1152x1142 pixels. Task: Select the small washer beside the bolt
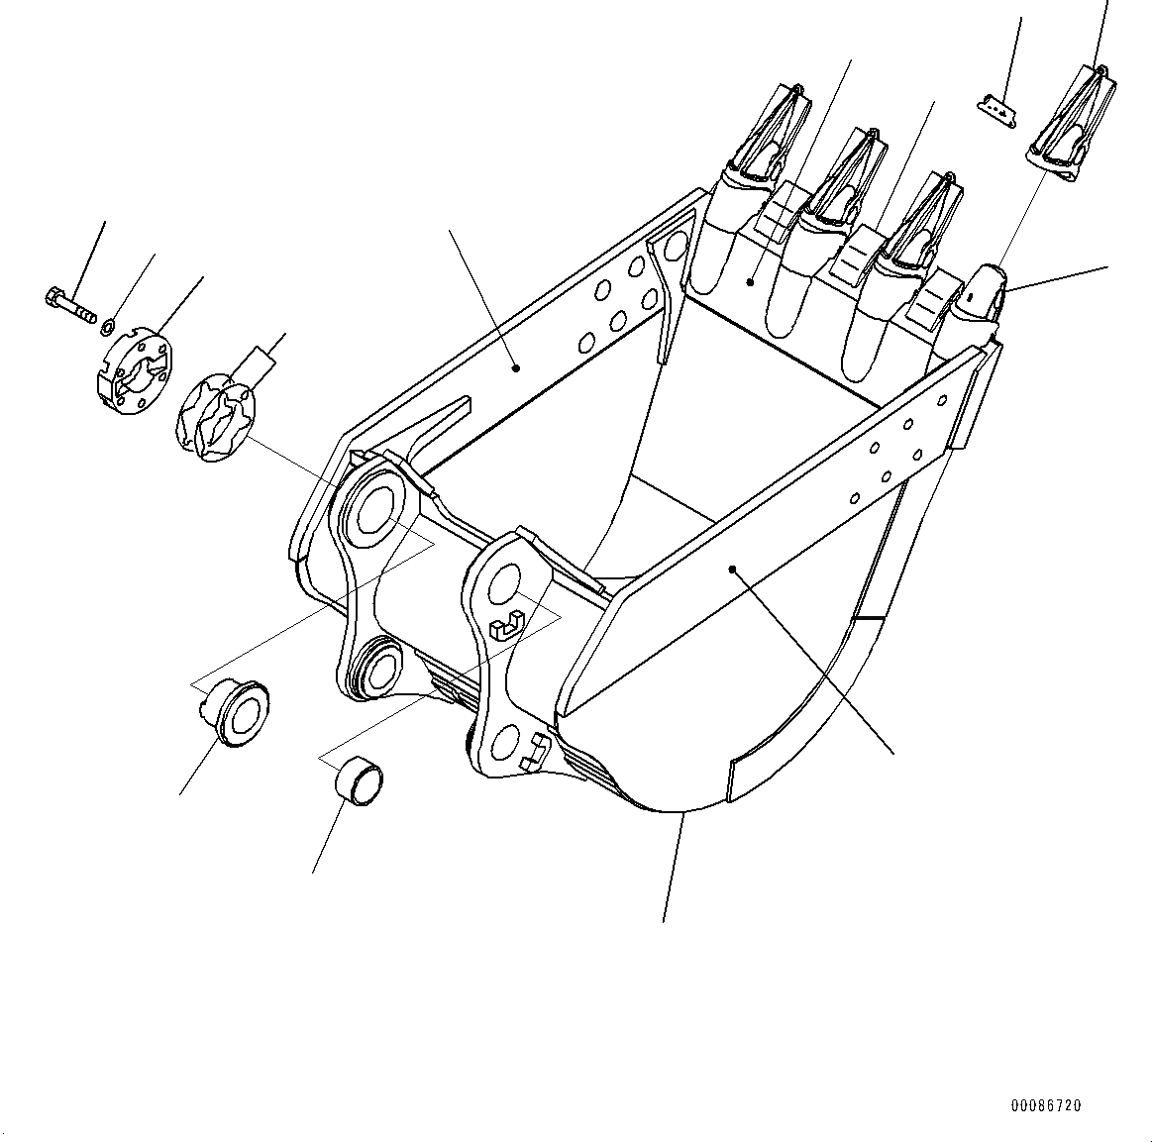pyautogui.click(x=111, y=323)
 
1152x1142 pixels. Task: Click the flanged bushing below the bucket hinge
pyautogui.click(x=235, y=711)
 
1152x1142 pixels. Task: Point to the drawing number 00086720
pyautogui.click(x=1046, y=1105)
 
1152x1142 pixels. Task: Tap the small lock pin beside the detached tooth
pyautogui.click(x=995, y=111)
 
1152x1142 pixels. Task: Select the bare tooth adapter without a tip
pyautogui.click(x=981, y=297)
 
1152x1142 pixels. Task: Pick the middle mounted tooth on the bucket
pyautogui.click(x=842, y=180)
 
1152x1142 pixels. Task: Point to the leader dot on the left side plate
pyautogui.click(x=516, y=367)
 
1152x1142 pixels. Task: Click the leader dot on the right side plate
pyautogui.click(x=732, y=569)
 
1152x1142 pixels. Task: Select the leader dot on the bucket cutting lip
pyautogui.click(x=750, y=283)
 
